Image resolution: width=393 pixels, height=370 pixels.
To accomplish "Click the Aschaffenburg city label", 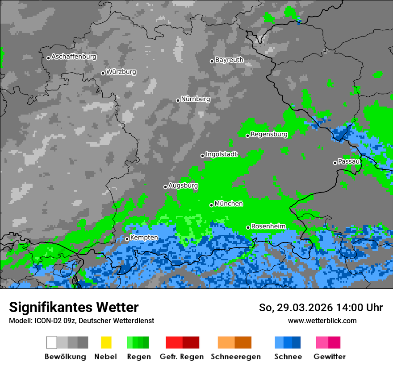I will pyautogui.click(x=74, y=57).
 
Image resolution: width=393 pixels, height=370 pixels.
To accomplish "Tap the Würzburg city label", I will pyautogui.click(x=121, y=72).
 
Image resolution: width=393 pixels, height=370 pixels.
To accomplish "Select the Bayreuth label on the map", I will pyautogui.click(x=229, y=60).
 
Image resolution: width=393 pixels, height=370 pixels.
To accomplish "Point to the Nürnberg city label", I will pyautogui.click(x=196, y=99).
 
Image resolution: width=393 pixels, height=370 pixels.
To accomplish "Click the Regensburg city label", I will pyautogui.click(x=269, y=134).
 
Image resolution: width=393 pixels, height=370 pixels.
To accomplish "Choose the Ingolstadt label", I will pyautogui.click(x=221, y=154).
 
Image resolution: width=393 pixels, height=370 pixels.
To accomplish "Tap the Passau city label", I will pyautogui.click(x=349, y=161).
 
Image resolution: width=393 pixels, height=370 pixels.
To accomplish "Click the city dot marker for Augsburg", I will pyautogui.click(x=165, y=187).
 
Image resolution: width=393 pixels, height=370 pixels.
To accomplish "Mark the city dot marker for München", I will pyautogui.click(x=212, y=205).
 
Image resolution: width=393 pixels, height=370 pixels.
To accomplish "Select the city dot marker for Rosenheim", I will pyautogui.click(x=248, y=227).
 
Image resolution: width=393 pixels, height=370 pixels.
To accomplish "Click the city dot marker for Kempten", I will pyautogui.click(x=127, y=239).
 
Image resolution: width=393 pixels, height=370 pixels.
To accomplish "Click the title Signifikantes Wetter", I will pyautogui.click(x=74, y=308).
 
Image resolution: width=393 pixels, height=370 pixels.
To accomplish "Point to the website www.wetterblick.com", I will pyautogui.click(x=322, y=321).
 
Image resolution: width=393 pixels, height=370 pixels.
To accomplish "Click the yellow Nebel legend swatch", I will pyautogui.click(x=106, y=342).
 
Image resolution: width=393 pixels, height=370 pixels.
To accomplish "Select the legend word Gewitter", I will pyautogui.click(x=329, y=357).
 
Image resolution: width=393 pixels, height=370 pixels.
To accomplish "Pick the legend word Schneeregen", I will pyautogui.click(x=235, y=357).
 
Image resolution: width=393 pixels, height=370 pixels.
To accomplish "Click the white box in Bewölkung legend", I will pyautogui.click(x=52, y=342).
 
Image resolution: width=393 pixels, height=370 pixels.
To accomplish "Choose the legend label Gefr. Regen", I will pyautogui.click(x=182, y=357).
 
